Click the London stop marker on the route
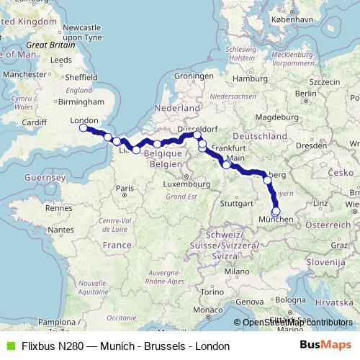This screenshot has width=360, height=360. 83,128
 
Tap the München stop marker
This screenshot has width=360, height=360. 275,211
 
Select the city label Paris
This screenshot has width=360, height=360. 127,188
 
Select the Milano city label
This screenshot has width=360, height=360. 230,271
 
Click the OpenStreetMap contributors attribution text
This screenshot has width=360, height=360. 297,322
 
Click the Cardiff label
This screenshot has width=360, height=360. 35,122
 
